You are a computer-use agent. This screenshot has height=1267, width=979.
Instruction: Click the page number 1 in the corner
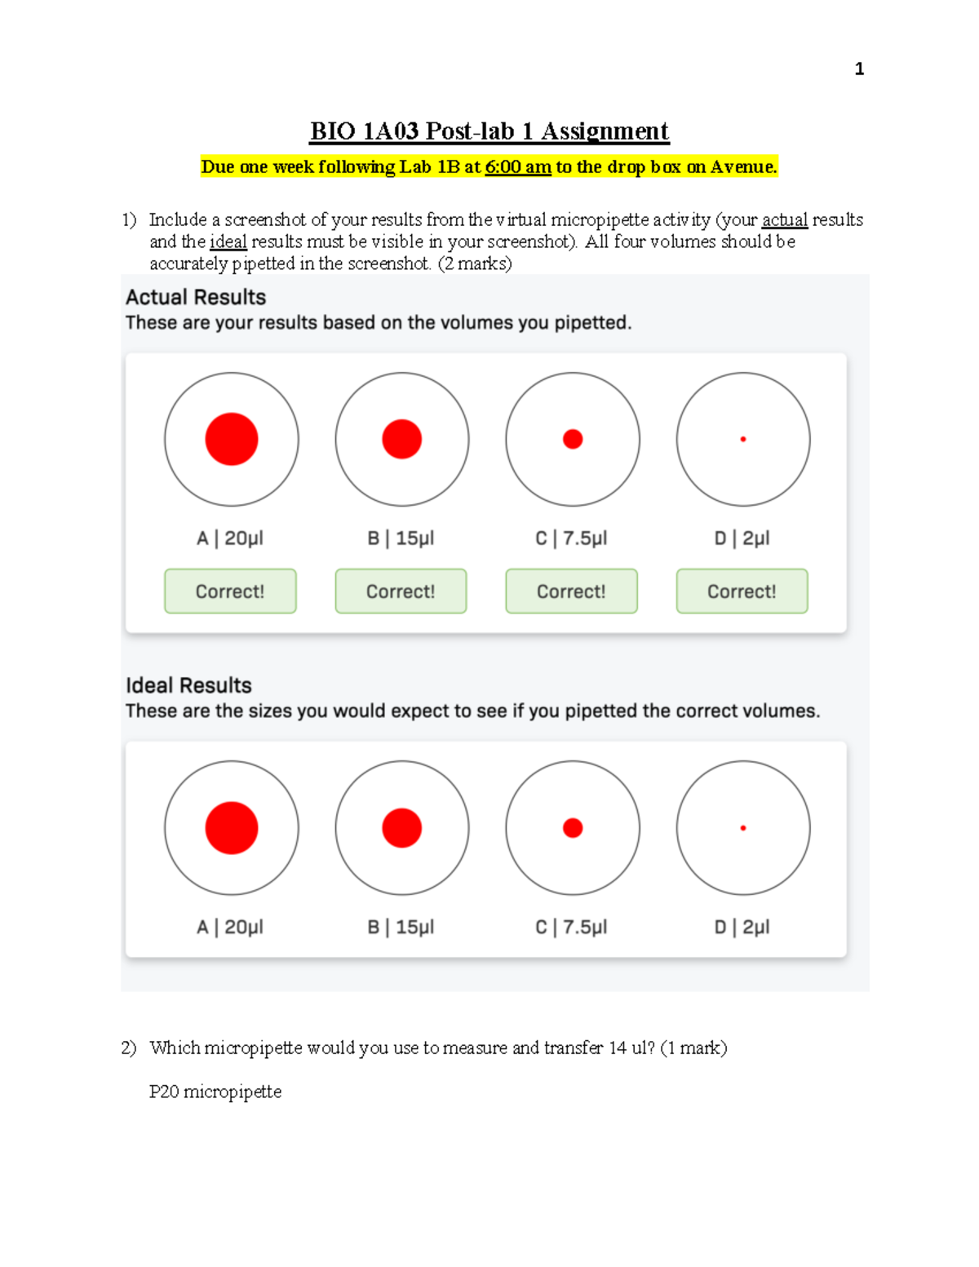point(859,69)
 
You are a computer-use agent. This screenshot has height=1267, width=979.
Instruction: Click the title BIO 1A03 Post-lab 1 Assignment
point(489,131)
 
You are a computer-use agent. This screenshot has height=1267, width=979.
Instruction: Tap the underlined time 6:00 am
point(518,167)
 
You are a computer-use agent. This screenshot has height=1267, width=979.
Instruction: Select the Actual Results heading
point(196,297)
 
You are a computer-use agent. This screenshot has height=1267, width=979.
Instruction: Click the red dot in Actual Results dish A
point(232,439)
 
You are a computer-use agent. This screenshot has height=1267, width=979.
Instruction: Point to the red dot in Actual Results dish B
point(402,439)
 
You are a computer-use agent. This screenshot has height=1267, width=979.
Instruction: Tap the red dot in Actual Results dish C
point(573,439)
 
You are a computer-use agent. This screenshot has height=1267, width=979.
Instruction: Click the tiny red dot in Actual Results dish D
point(743,439)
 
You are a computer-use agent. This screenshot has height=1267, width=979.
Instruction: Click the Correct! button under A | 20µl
point(230,591)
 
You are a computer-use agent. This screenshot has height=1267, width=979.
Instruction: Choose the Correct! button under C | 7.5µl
point(571,591)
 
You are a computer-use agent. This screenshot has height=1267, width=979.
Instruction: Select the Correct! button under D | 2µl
point(742,591)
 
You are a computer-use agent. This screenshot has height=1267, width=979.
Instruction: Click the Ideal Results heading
point(188,685)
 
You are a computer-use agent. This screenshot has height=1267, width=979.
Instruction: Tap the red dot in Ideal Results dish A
point(232,828)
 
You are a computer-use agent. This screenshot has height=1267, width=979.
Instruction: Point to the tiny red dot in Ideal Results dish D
point(743,828)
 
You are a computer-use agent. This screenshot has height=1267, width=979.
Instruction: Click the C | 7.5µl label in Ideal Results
point(571,928)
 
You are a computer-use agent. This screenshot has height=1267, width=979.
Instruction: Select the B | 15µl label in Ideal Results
point(401,928)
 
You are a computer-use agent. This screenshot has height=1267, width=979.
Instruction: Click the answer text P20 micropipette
point(215,1092)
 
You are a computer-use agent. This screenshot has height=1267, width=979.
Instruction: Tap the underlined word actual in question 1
point(784,220)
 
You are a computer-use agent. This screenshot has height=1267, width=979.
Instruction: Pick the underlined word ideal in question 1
point(228,242)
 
